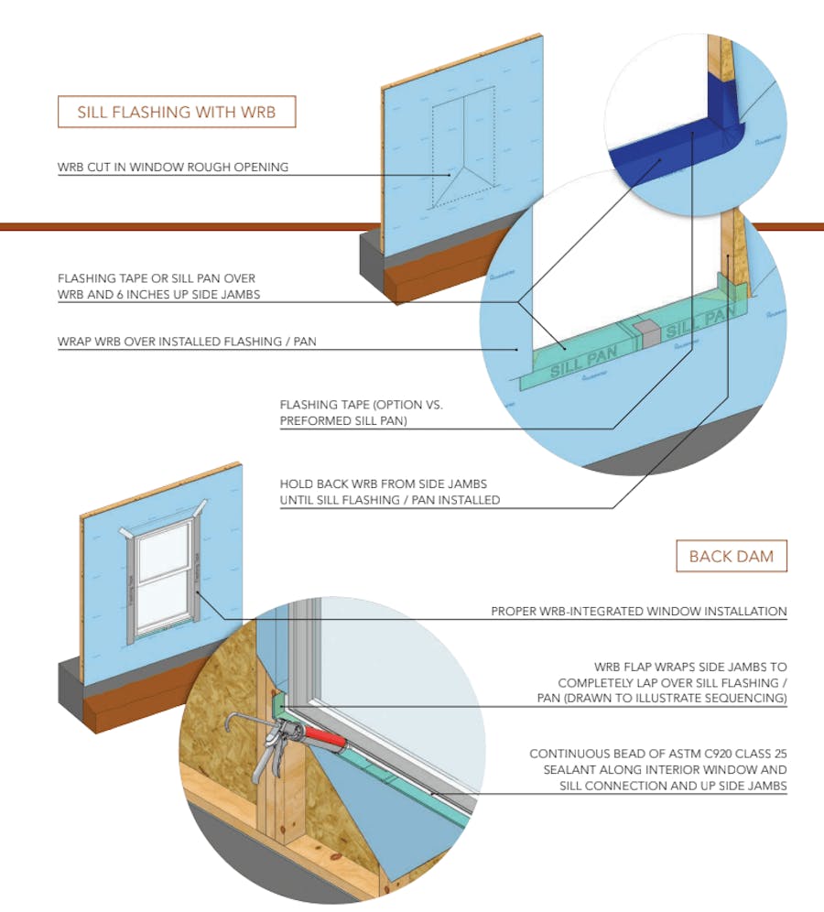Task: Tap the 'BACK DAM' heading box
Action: [x=731, y=556]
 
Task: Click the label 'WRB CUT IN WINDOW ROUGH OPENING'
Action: [x=173, y=167]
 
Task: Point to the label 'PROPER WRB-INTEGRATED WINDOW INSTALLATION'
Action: [x=638, y=611]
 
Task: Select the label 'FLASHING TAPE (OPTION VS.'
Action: [x=361, y=405]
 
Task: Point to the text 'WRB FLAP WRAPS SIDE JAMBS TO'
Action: [x=689, y=667]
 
